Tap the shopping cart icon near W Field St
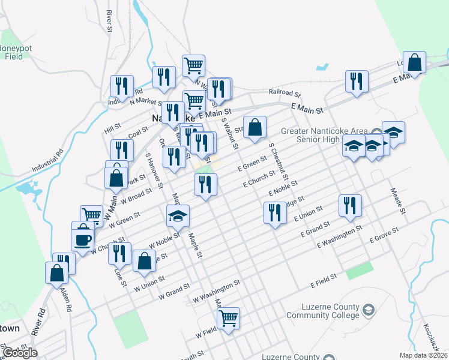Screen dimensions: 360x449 coord(228,318)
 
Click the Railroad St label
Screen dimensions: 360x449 coord(284,93)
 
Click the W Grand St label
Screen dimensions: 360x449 coord(174,294)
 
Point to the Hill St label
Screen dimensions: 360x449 coord(112,129)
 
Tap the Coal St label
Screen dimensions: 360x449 coord(137,132)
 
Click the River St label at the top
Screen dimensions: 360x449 coord(109,20)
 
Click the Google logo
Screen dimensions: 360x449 coord(20,353)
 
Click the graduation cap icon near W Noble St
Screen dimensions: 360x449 coord(178,216)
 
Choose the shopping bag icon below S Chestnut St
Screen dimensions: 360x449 coord(255,127)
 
